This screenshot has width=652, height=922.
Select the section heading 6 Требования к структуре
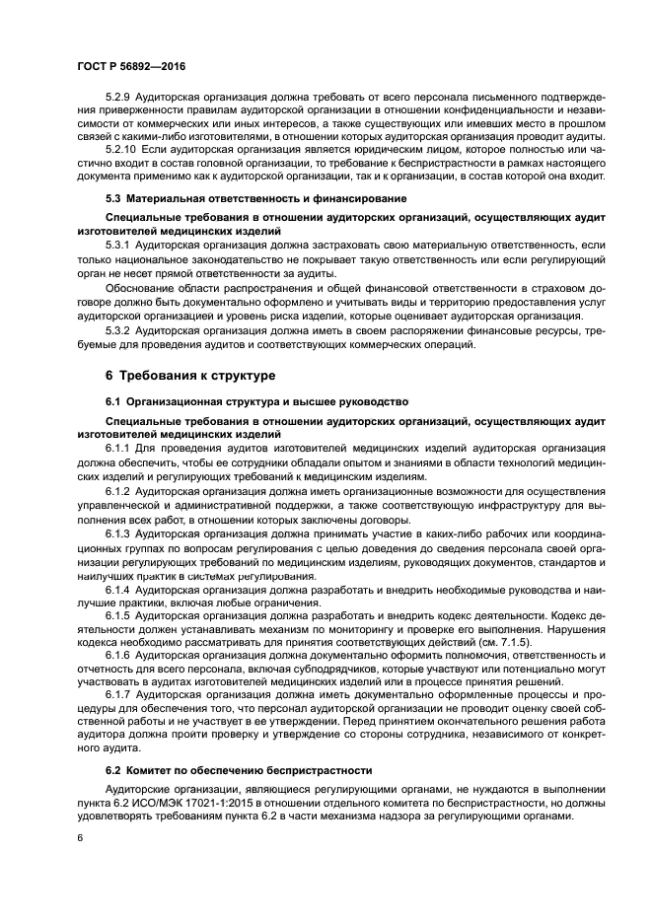click(190, 376)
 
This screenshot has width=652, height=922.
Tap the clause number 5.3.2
click(119, 329)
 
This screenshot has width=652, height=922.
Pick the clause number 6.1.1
click(119, 447)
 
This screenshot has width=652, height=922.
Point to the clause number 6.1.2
click(119, 491)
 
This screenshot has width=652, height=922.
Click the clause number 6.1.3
click(119, 533)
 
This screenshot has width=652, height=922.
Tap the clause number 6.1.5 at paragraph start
click(119, 615)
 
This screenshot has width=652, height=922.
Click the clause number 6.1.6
click(119, 655)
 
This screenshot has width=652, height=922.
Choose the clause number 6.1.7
click(119, 695)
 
